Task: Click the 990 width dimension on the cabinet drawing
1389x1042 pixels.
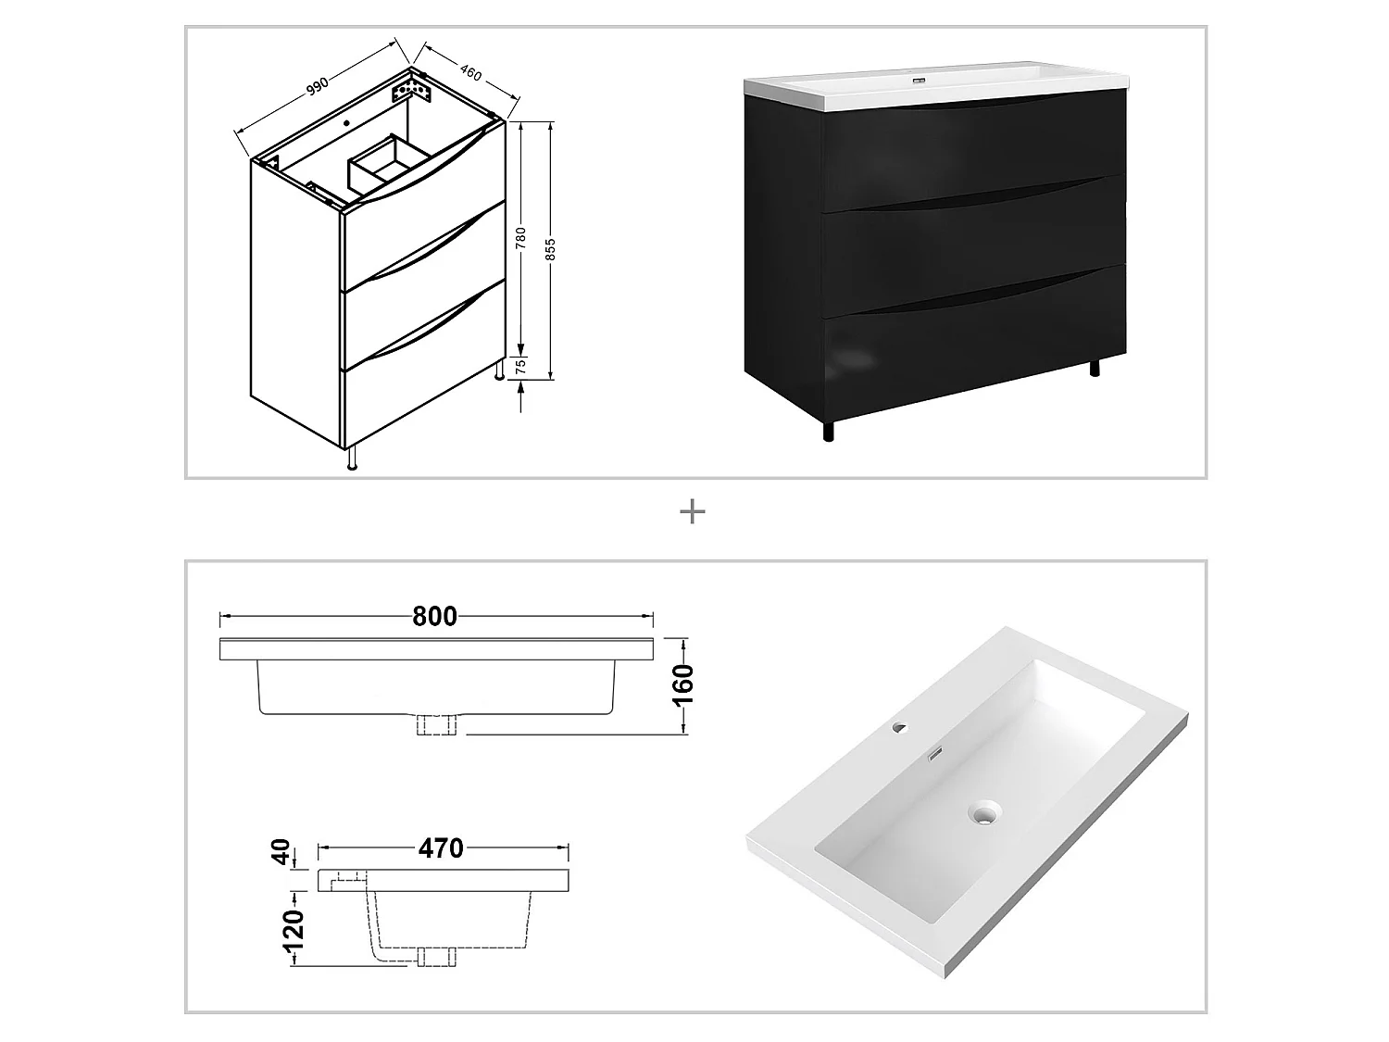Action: [x=318, y=84]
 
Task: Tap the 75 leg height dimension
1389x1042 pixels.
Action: [x=521, y=367]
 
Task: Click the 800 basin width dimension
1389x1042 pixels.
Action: [x=435, y=616]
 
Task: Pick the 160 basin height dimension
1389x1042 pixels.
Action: [x=683, y=685]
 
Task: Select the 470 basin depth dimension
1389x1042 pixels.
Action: [x=441, y=847]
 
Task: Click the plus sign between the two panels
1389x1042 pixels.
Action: [x=693, y=511]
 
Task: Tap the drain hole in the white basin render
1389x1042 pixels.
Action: [x=983, y=815]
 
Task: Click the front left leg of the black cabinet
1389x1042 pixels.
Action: [x=828, y=431]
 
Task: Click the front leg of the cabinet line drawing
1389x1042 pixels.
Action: [x=352, y=459]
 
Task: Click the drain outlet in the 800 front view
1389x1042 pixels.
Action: [x=438, y=725]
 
